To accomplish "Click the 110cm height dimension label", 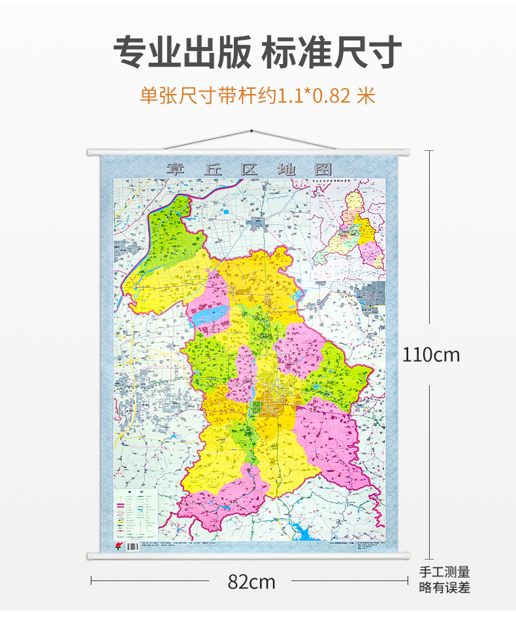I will click(430, 355).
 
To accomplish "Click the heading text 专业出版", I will click(182, 52).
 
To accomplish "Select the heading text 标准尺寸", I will click(332, 52).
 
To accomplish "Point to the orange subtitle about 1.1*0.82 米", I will click(258, 96).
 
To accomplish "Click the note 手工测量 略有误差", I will click(444, 580).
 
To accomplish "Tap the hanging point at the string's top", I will click(252, 131).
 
